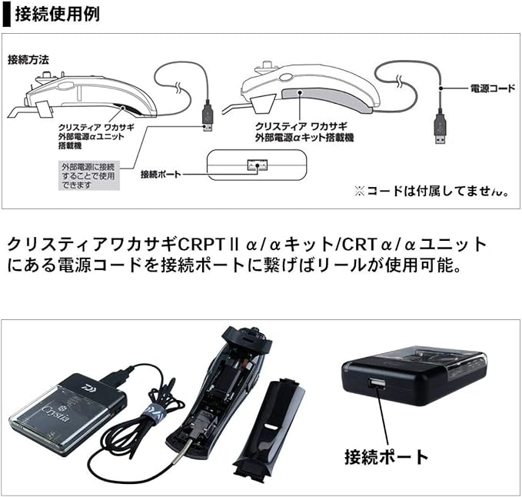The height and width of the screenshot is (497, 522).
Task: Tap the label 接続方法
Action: (x=28, y=58)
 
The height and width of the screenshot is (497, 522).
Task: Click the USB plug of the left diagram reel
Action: (x=208, y=116)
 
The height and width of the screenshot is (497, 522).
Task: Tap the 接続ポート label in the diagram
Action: (x=160, y=175)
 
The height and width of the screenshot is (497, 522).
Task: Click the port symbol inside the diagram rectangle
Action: (x=256, y=165)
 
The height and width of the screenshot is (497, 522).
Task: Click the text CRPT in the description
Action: (x=198, y=245)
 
